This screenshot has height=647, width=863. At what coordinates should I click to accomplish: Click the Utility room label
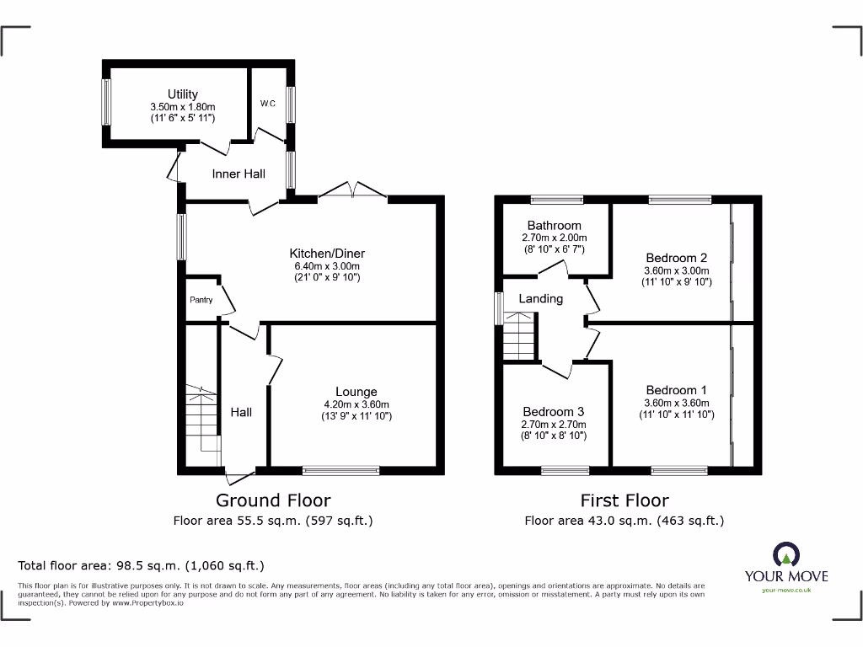click(183, 94)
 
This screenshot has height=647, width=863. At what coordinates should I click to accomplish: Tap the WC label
click(267, 104)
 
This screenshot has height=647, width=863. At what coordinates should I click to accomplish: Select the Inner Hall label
click(239, 174)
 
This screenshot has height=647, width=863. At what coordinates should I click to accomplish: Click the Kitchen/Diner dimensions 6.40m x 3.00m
click(327, 266)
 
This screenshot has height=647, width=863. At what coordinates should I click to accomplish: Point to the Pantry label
click(201, 300)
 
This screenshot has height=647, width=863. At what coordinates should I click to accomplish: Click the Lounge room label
click(356, 392)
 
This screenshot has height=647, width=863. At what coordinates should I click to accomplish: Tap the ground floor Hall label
click(241, 412)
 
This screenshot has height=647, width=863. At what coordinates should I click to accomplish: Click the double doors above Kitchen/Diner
click(352, 190)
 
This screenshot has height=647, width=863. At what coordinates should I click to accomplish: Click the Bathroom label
click(554, 225)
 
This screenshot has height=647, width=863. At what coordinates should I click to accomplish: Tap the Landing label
click(540, 298)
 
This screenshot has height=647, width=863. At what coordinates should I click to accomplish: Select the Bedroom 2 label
click(676, 258)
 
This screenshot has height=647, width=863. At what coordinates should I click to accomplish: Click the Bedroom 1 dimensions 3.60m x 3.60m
click(676, 403)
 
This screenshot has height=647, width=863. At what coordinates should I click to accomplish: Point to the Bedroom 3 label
click(554, 412)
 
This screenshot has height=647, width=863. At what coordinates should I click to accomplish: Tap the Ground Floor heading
click(273, 500)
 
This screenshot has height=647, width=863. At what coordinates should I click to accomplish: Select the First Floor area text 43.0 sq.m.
click(624, 521)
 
